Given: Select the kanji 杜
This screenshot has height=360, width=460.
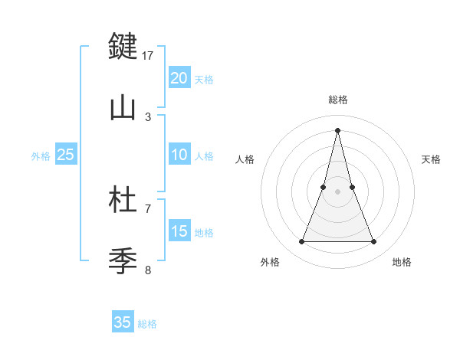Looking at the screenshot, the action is coord(123,200).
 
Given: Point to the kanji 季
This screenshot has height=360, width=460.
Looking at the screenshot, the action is coord(123,260).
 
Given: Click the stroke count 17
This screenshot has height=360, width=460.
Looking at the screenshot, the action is coord(149,55).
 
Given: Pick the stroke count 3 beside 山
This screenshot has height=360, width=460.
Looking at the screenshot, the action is coord(148,116).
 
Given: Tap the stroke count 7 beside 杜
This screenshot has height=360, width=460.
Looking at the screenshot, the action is coord(148,208).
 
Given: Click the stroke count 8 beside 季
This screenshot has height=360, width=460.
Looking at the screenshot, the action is coord(148,270).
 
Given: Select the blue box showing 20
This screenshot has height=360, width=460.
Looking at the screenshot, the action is coord(179,78).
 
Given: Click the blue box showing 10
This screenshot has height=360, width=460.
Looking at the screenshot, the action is coord(179,155).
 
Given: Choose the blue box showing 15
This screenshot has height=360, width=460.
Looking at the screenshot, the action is coord(179,231).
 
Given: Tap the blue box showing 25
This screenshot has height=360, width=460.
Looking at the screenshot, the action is coord(66,155).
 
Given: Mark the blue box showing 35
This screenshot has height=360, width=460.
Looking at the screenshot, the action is coord(123,322).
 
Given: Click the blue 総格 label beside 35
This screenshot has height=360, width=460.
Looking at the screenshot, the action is coord(147,324).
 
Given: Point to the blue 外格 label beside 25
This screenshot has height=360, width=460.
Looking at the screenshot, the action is coord(41,156).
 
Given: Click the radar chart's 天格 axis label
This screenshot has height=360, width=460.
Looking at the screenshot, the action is coord(431,159).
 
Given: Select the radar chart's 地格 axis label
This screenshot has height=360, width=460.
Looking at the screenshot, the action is coord(402,262).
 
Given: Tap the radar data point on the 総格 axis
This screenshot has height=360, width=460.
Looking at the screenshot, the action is coord(337,130).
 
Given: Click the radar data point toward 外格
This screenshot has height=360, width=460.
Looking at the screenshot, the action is coord(301,242).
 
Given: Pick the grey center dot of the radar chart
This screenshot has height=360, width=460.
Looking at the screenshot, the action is coord(337,191).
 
